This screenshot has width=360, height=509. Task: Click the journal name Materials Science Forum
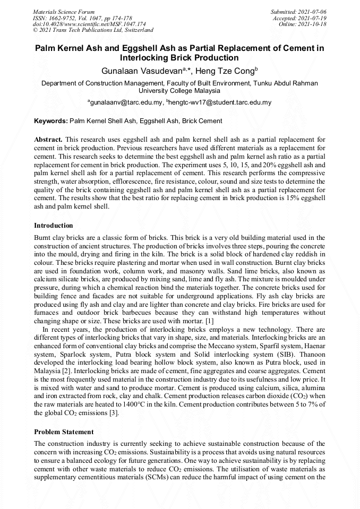pyautogui.click(x=64, y=11)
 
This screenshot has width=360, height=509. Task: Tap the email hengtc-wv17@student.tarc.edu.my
pyautogui.click(x=220, y=102)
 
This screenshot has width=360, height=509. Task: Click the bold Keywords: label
pyautogui.click(x=50, y=121)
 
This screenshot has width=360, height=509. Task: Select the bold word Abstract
pyautogui.click(x=48, y=139)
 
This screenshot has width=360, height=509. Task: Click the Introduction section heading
pyautogui.click(x=54, y=226)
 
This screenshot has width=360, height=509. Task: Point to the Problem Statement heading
pyautogui.click(x=64, y=432)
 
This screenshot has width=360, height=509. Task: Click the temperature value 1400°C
pyautogui.click(x=150, y=405)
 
